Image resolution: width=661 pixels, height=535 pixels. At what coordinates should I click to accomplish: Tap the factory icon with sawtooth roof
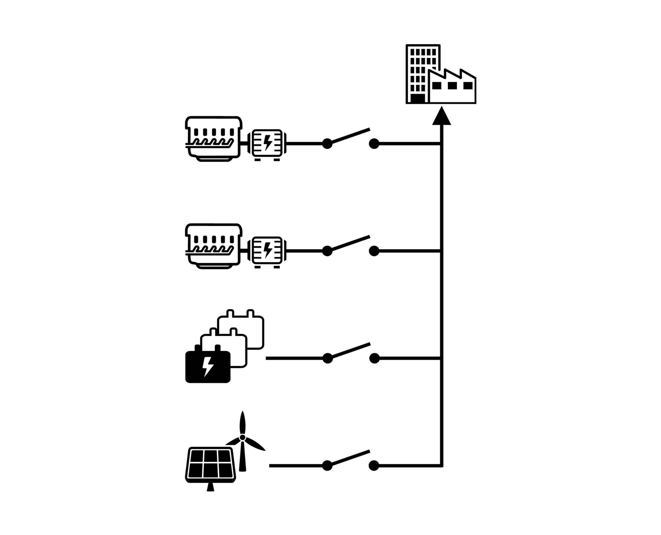pos(452,88)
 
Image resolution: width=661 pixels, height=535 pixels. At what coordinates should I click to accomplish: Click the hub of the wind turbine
pos(242,437)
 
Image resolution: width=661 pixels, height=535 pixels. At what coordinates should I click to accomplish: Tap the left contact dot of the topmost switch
pos(327,144)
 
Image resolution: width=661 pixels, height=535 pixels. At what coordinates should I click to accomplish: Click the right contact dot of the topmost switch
pos(374,144)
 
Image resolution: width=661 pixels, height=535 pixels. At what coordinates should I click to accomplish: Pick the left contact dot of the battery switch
pos(328,358)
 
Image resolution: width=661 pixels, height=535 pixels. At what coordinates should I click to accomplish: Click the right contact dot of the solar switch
pos(374,466)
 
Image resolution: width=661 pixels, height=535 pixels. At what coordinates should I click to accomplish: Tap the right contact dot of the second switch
pos(374,251)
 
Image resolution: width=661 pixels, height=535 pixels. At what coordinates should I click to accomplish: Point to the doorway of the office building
pos(418,98)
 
